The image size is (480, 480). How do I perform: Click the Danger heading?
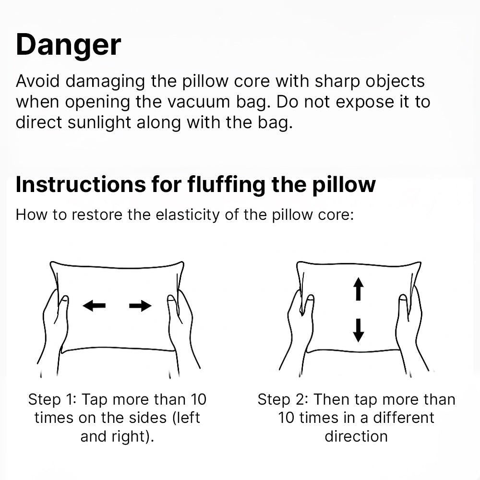[x=68, y=46]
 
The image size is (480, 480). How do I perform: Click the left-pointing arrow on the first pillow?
[x=94, y=305]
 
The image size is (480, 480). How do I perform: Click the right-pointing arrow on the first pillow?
[x=140, y=305]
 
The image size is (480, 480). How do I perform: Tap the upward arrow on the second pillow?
[x=359, y=289]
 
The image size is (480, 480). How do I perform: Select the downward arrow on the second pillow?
[x=359, y=330]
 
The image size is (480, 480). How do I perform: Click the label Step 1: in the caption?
[x=51, y=399]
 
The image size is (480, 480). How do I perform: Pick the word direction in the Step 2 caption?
[x=356, y=436]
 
